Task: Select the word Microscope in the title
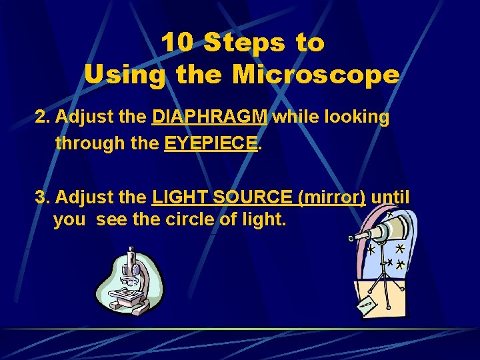pyautogui.click(x=315, y=74)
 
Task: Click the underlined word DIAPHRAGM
pyautogui.click(x=210, y=117)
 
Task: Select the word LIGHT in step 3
pyautogui.click(x=175, y=197)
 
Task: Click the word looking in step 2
pyautogui.click(x=356, y=117)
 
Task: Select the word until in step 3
pyautogui.click(x=391, y=197)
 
